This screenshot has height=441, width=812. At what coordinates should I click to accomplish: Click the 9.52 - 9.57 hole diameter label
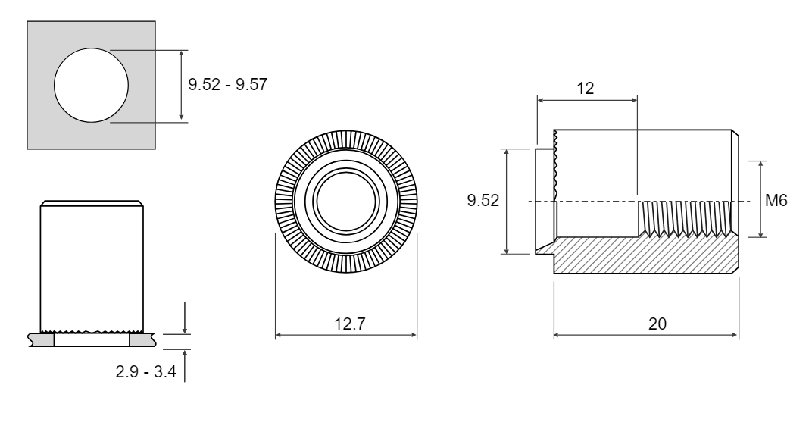(x=227, y=84)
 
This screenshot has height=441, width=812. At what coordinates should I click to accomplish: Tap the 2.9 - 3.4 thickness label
(x=145, y=371)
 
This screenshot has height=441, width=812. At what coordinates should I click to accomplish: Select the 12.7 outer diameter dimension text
(x=349, y=324)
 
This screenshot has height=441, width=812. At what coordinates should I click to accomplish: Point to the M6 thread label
(x=776, y=200)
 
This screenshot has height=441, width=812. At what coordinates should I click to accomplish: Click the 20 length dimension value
(x=657, y=324)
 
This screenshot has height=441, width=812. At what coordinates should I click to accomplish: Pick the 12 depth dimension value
(x=586, y=89)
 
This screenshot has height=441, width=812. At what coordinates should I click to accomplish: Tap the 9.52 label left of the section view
(x=483, y=200)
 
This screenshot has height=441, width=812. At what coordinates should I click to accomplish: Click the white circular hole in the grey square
(x=91, y=86)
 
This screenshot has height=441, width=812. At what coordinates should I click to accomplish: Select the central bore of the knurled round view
(x=346, y=202)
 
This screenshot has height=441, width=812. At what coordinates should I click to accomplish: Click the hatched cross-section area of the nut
(x=648, y=255)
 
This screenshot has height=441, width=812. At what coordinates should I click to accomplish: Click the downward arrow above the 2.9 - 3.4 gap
(x=184, y=317)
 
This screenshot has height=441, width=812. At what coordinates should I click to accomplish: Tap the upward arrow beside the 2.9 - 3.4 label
(x=184, y=366)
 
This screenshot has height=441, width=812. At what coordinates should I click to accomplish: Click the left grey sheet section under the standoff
(x=42, y=340)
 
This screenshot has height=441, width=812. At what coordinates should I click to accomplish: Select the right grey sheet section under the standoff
(x=142, y=340)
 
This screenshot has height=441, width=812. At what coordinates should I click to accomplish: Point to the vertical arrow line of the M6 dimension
(x=760, y=199)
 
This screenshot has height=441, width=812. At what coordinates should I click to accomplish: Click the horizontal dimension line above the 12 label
(x=587, y=100)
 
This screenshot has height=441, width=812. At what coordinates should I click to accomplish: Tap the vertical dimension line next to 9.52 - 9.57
(x=181, y=86)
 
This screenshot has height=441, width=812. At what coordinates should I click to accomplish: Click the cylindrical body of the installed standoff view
(x=92, y=267)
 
